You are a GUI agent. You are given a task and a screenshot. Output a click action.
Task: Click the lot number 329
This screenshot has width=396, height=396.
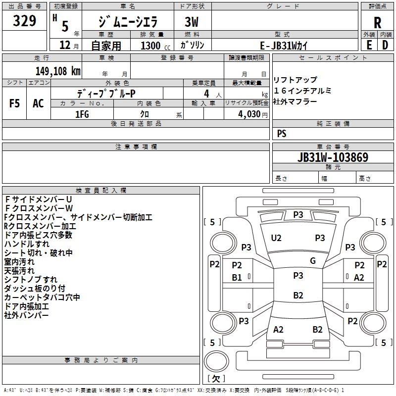pyautogui.click(x=25, y=21)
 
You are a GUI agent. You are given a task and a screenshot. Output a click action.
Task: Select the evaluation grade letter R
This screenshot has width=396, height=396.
pyautogui.click(x=377, y=23)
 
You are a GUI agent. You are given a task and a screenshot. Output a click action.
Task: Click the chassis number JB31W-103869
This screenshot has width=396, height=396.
pyautogui.click(x=333, y=157)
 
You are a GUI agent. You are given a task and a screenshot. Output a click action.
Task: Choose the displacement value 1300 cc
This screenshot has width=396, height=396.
pyautogui.click(x=153, y=46)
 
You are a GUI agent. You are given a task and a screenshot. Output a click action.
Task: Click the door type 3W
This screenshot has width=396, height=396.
pyautogui.click(x=193, y=22)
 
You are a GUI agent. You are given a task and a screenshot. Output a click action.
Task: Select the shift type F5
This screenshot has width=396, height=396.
pyautogui.click(x=15, y=103)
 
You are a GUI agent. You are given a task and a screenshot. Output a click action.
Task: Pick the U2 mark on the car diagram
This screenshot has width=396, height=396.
pyautogui.click(x=276, y=238)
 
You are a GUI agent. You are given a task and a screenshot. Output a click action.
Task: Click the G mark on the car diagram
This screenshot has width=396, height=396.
pyautogui.click(x=313, y=261)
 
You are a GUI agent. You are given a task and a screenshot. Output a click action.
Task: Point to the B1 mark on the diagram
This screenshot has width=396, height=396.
pyautogui.click(x=237, y=278)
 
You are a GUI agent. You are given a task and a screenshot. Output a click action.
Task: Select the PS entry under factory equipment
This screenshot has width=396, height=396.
pyautogui.click(x=282, y=134)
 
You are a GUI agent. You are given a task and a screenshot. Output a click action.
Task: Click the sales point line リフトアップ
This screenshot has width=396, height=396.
pyautogui.click(x=295, y=80)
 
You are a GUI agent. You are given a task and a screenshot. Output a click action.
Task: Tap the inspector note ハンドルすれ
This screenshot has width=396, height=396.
pyautogui.click(x=27, y=244)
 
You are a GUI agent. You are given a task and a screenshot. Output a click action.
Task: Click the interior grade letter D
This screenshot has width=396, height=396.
pyautogui.click(x=385, y=45)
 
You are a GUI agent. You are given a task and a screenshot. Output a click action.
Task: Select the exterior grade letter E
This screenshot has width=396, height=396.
pyautogui.click(x=369, y=45)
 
